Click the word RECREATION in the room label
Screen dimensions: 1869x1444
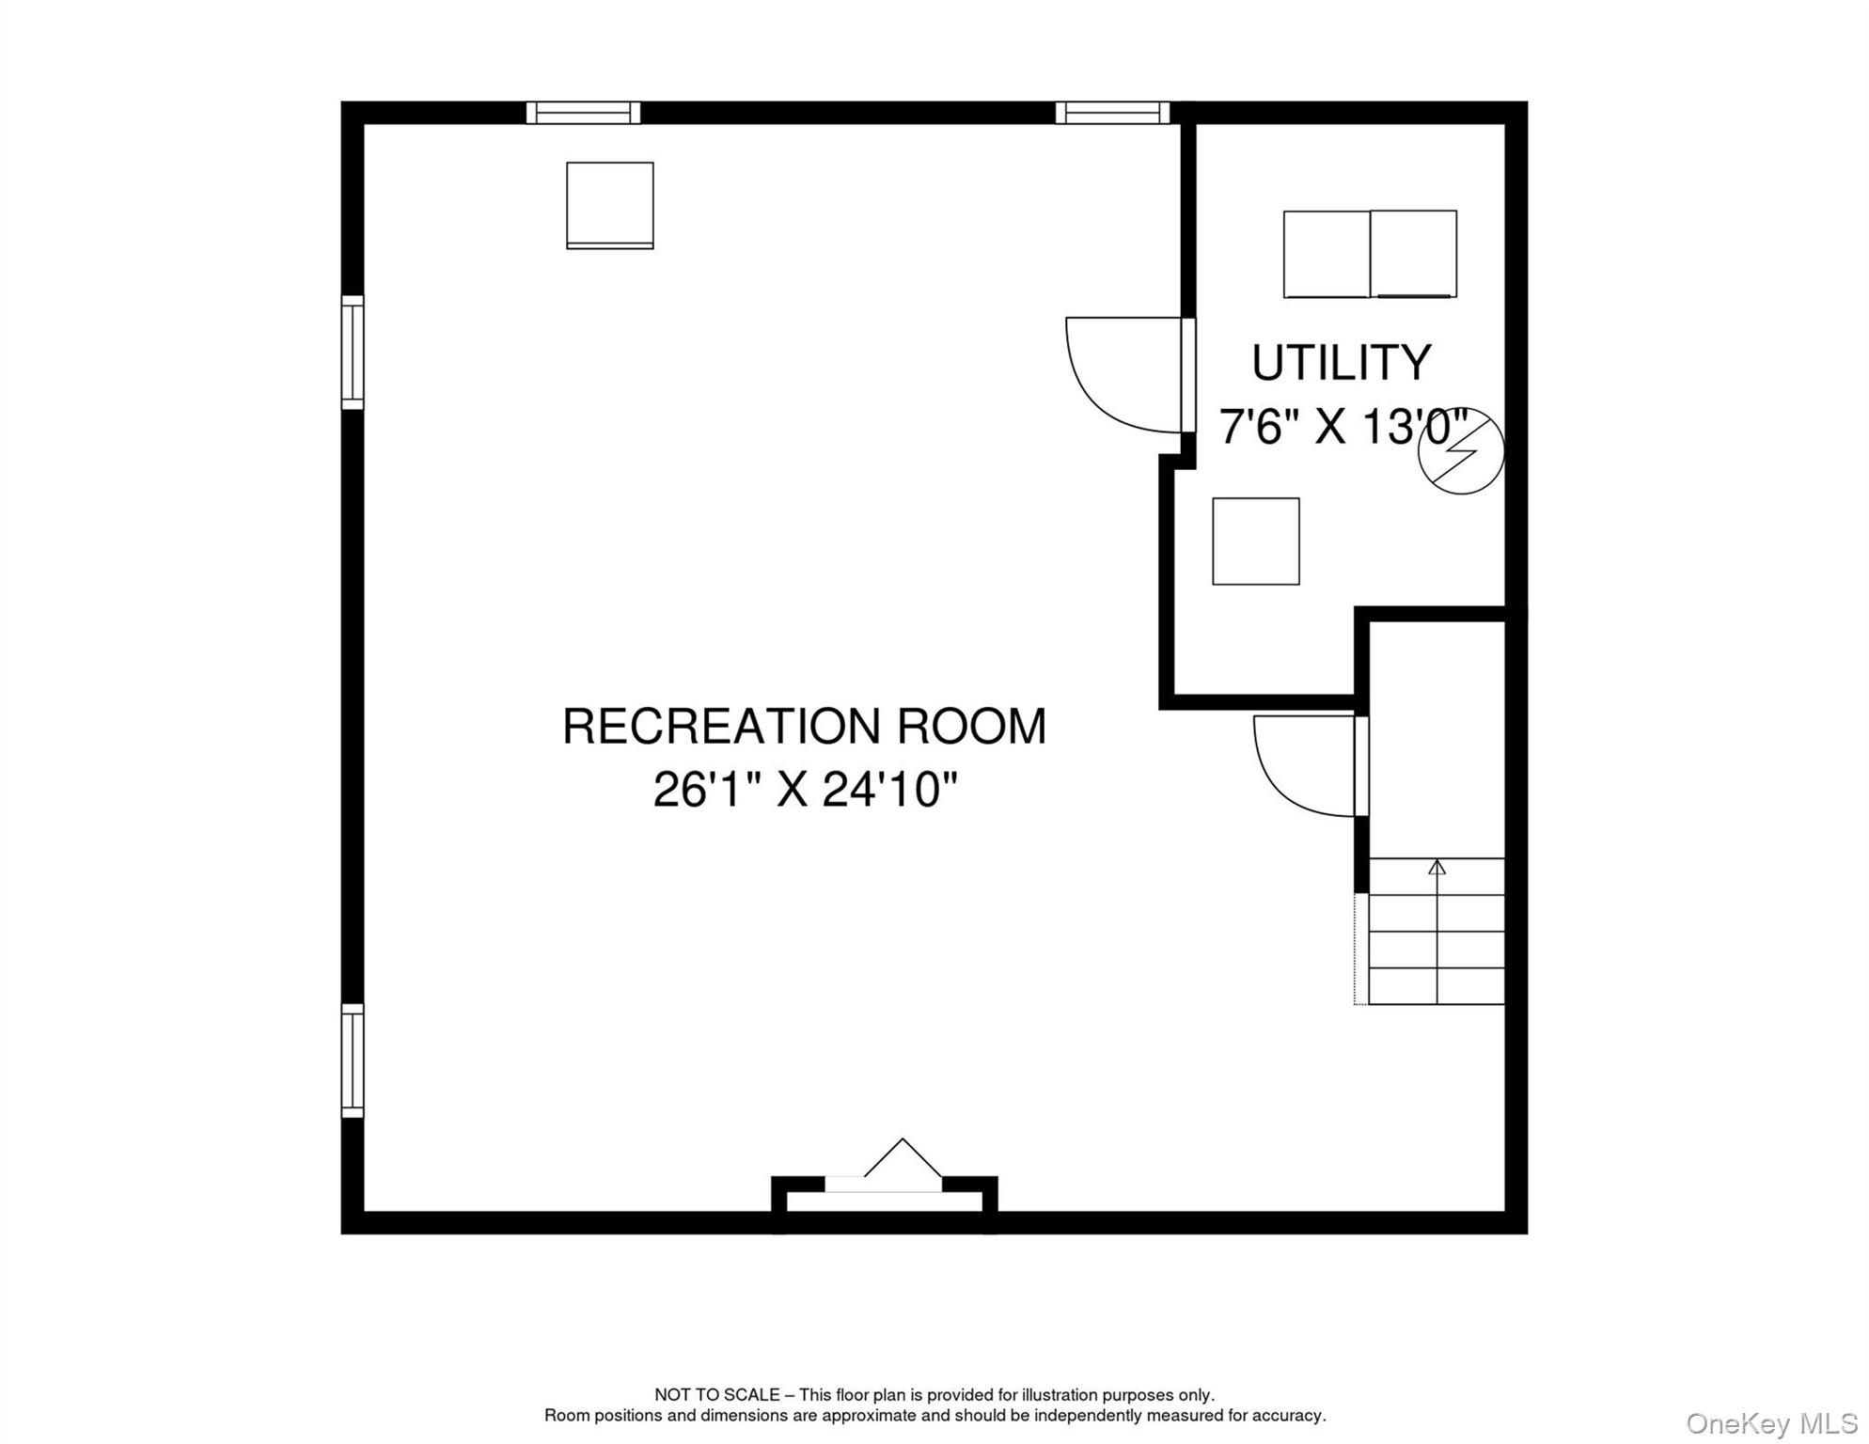click(x=722, y=727)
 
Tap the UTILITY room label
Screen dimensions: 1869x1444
click(x=1342, y=363)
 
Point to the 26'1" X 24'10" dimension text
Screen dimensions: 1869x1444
click(x=805, y=789)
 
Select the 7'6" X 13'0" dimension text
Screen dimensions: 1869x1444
click(x=1344, y=427)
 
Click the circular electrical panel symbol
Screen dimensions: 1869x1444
click(x=1461, y=452)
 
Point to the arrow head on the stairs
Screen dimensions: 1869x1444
click(x=1437, y=867)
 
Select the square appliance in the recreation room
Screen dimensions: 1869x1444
click(x=610, y=206)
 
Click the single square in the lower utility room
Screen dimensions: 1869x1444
click(x=1256, y=541)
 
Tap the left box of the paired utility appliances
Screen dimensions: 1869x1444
click(x=1327, y=255)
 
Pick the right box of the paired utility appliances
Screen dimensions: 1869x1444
click(x=1414, y=254)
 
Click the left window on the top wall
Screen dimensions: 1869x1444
click(x=583, y=113)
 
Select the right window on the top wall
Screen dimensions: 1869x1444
click(x=1112, y=113)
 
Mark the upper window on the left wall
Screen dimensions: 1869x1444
click(x=353, y=353)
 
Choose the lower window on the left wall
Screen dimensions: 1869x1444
click(x=353, y=1060)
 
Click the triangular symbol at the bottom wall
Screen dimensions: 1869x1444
click(x=903, y=1158)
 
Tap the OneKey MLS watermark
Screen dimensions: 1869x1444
click(x=1772, y=1423)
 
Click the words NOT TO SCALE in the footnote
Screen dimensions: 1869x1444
click(x=717, y=1395)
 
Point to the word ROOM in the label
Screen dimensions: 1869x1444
click(x=971, y=727)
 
